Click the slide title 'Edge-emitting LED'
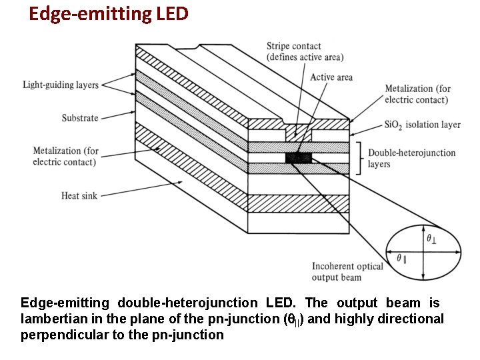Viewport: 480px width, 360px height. (x=109, y=13)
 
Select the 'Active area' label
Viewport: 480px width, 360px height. (x=331, y=77)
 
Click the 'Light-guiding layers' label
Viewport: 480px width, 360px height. (x=61, y=85)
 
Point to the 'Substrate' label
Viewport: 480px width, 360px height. (x=80, y=118)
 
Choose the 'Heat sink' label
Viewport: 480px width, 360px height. (x=80, y=195)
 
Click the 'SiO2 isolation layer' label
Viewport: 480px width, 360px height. (x=422, y=125)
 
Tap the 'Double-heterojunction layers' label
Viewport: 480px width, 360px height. (x=411, y=158)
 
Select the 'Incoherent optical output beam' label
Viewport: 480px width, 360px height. (x=347, y=272)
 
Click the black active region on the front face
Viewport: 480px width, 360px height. (x=298, y=158)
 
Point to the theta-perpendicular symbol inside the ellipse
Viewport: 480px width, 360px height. (x=432, y=238)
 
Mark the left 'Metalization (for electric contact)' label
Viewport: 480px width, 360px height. (x=65, y=156)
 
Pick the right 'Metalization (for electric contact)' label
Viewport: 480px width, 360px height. (x=417, y=94)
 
